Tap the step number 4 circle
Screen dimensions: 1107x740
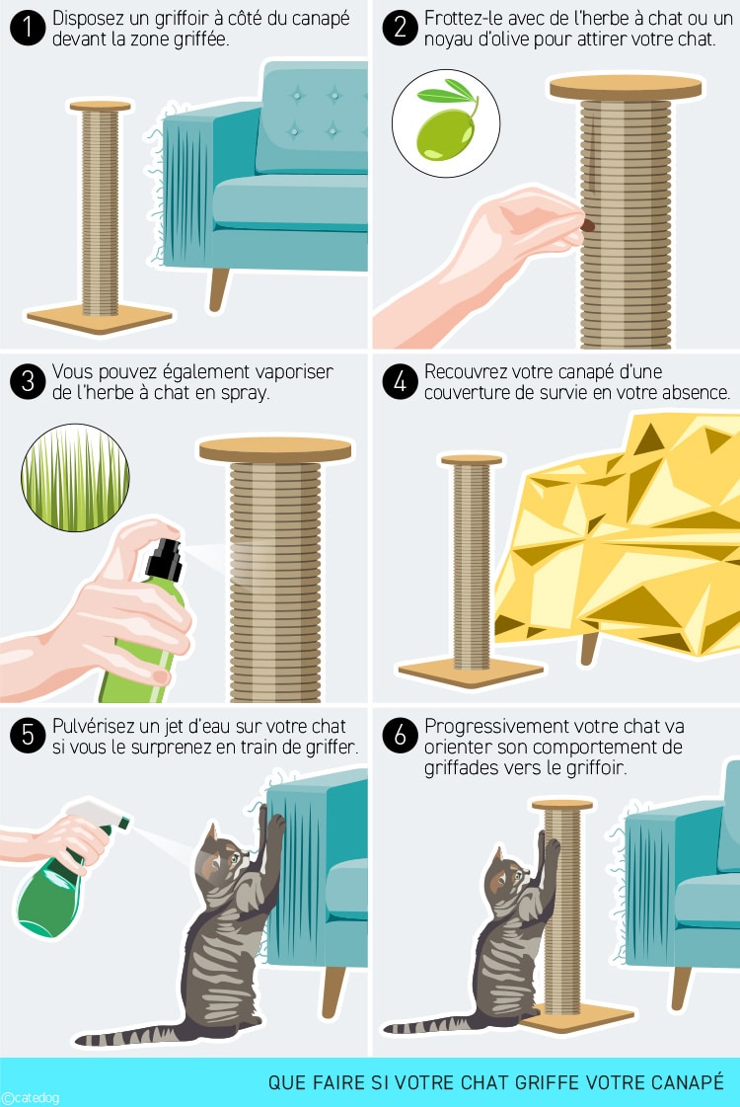[401, 382]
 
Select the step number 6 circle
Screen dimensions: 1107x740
[401, 736]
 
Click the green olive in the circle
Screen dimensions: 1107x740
[443, 133]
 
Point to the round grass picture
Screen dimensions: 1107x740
[75, 477]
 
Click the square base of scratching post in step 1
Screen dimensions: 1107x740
[99, 318]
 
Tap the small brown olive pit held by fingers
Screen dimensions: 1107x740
[589, 227]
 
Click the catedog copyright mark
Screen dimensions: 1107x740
[30, 1097]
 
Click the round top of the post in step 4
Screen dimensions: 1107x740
[472, 459]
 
